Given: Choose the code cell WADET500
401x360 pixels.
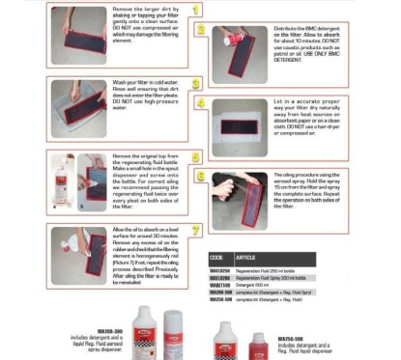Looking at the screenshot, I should [x=220, y=284].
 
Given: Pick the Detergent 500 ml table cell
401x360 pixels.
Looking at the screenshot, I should [x=257, y=284].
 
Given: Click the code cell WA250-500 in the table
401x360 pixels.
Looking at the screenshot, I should [x=220, y=299].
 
